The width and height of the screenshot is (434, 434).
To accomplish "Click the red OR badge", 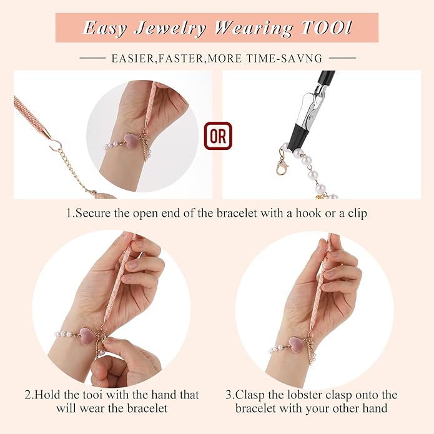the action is tap(218, 136).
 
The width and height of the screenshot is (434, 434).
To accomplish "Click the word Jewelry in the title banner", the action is tap(170, 29).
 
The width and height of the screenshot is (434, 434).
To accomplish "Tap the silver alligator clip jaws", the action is tap(312, 109).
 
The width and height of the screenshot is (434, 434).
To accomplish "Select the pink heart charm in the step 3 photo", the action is tap(297, 342).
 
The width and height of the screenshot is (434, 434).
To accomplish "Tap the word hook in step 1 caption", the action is tap(308, 213).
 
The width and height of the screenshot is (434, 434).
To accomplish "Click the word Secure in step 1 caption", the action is tap(93, 214).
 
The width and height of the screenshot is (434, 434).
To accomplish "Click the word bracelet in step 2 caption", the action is tap(147, 408).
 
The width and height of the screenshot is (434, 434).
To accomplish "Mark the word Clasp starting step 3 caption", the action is tap(249, 395).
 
